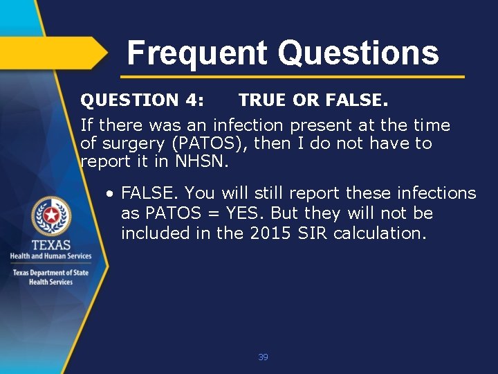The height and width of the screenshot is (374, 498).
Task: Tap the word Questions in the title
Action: click(x=358, y=53)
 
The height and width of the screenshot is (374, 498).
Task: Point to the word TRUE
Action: click(x=263, y=100)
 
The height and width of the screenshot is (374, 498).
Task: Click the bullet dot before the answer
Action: click(x=110, y=193)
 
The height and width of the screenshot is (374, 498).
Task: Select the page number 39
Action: click(x=263, y=357)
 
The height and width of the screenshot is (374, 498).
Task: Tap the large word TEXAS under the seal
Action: click(x=50, y=245)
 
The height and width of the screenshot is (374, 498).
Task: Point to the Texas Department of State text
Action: click(x=50, y=272)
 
